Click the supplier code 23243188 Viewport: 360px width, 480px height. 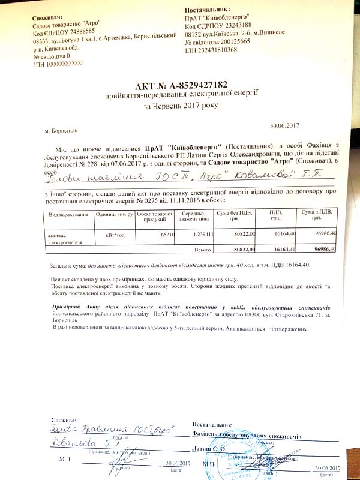coord(234,26)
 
